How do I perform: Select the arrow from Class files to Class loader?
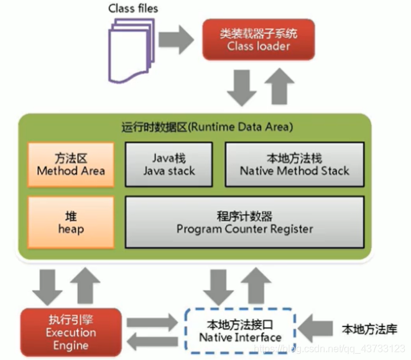point(178,38)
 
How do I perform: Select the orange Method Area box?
point(70,164)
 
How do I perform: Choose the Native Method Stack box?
point(294,164)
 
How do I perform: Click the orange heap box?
point(70,223)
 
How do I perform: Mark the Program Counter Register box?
point(244,223)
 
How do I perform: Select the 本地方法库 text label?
point(369,329)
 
